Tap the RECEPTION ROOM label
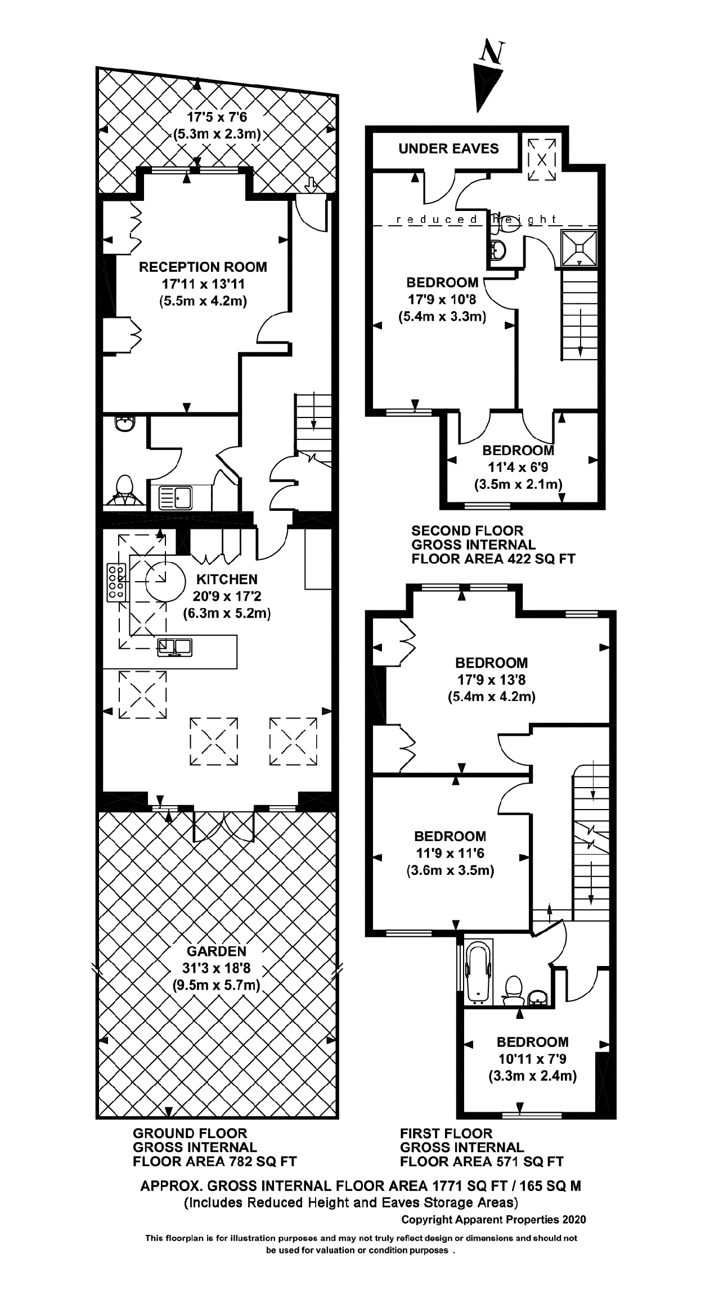(203, 267)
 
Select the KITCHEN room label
(227, 579)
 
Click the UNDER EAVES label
(448, 149)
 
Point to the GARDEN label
(217, 951)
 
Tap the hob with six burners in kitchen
(116, 582)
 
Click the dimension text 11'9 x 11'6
(450, 853)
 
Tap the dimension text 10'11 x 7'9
(532, 1059)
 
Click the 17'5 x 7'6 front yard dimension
(217, 118)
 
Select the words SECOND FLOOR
(467, 531)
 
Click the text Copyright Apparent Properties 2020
(493, 1220)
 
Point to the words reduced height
(476, 219)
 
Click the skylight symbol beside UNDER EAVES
(542, 159)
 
